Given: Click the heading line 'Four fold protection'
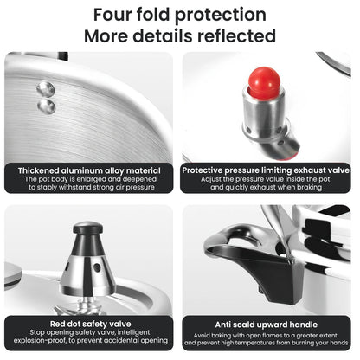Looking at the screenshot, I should (180, 15).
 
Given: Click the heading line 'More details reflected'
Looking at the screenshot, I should (180, 36).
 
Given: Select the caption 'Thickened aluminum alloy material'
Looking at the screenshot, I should (89, 170).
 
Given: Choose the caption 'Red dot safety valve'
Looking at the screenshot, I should (89, 322).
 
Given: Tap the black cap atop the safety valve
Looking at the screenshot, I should (87, 229).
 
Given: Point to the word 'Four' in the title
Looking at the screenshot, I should (114, 15).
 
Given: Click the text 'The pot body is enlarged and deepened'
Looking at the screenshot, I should (89, 179).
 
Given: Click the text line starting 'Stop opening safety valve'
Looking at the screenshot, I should (89, 331).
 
